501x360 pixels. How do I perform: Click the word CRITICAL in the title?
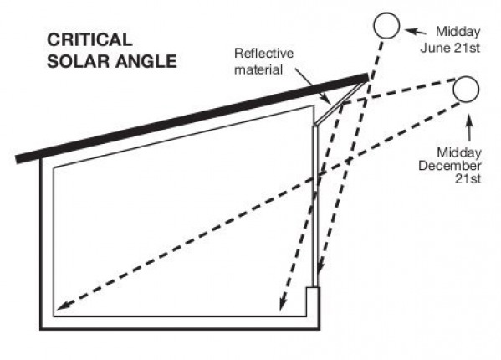coord(89,39)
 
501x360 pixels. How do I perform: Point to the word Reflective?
coord(264,53)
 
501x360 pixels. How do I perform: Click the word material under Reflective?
coord(258,69)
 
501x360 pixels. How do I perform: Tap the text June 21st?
coord(450,48)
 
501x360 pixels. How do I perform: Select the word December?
coord(450,166)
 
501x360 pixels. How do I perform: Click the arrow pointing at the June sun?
coord(416,31)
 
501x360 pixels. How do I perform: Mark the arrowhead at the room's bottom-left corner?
coord(62,305)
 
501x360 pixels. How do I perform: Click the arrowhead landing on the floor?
coord(282,304)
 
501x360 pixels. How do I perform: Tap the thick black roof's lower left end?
coord(18,160)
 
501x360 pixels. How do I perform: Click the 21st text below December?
coord(468,178)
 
